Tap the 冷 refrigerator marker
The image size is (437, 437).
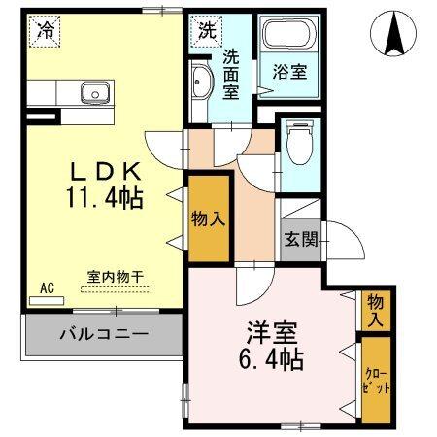tap(45, 30)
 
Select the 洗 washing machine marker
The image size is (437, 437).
tap(206, 30)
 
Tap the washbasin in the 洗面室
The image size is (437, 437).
tap(201, 84)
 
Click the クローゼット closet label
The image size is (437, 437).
tap(375, 381)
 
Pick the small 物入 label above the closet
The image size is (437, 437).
tap(375, 311)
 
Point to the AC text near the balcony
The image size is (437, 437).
tap(46, 288)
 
